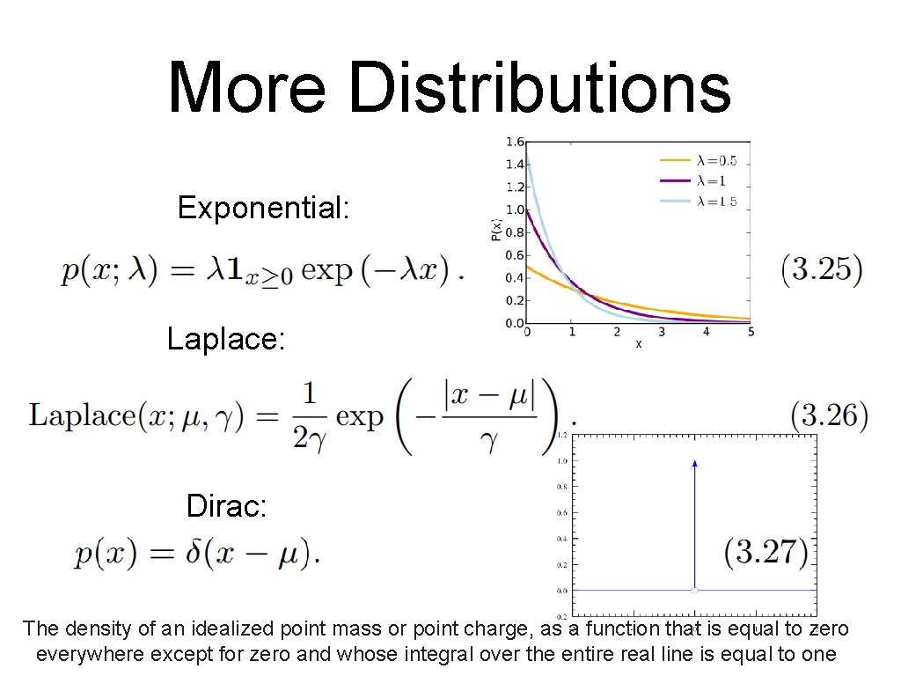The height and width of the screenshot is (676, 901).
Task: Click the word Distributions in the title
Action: point(539,88)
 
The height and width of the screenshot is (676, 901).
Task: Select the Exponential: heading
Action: point(264,209)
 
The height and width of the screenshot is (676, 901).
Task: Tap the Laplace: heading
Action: point(226,340)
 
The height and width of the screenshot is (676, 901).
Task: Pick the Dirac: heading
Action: point(227,506)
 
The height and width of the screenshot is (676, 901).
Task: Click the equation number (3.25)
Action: point(822,268)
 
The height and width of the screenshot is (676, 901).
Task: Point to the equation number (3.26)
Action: point(829,414)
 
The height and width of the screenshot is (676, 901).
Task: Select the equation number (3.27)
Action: point(766,553)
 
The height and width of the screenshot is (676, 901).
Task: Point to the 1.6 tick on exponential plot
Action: point(514,142)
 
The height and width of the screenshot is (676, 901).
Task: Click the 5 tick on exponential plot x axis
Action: point(751,333)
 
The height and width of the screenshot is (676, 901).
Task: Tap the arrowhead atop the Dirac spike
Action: point(695,463)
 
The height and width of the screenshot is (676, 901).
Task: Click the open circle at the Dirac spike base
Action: point(695,590)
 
